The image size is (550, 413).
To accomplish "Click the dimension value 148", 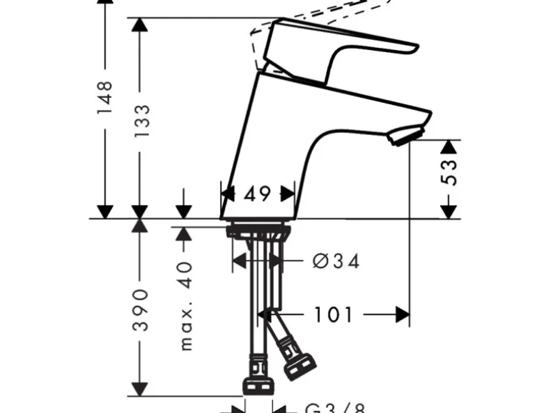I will (106, 98).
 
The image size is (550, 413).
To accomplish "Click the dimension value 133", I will (142, 121).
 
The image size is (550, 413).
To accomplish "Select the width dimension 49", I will (257, 194).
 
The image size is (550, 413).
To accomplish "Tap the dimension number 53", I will (449, 172).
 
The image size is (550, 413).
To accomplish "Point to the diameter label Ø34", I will (336, 262).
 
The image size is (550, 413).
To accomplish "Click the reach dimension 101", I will (333, 314).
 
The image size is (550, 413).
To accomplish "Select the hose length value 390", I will (142, 310).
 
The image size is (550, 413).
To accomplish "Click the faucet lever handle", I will (336, 46).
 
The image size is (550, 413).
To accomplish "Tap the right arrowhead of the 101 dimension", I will (404, 314).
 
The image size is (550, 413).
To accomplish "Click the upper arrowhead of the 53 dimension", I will (449, 146).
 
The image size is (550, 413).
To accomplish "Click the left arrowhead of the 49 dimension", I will (227, 194).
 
